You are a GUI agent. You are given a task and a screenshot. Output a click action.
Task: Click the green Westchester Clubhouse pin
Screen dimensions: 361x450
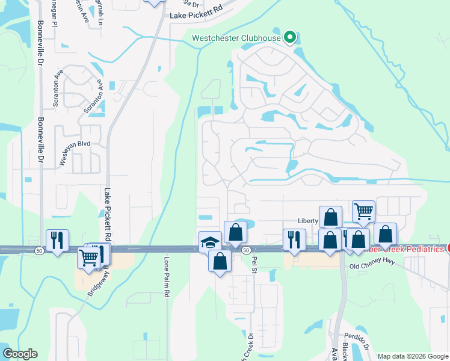pyautogui.click(x=289, y=37)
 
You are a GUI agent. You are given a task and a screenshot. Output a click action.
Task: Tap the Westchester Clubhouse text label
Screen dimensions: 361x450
pyautogui.click(x=236, y=39)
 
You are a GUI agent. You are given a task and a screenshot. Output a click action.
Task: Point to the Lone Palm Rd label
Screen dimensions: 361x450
pyautogui.click(x=167, y=277)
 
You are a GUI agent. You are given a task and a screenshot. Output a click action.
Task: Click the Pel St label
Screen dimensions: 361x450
pyautogui.click(x=254, y=262)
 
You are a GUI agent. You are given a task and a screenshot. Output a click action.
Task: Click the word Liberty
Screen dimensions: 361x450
pyautogui.click(x=307, y=221)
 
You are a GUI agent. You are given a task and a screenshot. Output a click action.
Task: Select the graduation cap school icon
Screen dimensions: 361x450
pyautogui.click(x=210, y=242)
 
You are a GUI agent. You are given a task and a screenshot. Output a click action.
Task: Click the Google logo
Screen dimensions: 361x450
pyautogui.click(x=20, y=354)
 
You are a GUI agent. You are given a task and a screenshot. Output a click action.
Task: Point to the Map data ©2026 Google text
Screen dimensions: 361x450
pyautogui.click(x=413, y=356)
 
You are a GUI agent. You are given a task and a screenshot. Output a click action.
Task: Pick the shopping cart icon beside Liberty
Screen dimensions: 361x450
pyautogui.click(x=363, y=211)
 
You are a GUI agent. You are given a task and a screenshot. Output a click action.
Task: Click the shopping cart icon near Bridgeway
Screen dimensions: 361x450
pyautogui.click(x=88, y=258)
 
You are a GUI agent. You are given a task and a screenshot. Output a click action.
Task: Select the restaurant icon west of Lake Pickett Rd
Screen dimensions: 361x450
pyautogui.click(x=57, y=240)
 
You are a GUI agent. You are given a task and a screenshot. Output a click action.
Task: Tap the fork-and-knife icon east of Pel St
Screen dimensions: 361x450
pyautogui.click(x=294, y=239)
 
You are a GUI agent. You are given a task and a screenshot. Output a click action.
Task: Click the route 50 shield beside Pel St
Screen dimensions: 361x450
pyautogui.click(x=245, y=249)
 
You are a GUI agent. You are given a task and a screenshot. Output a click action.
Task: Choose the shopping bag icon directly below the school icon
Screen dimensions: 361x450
pyautogui.click(x=220, y=261)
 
